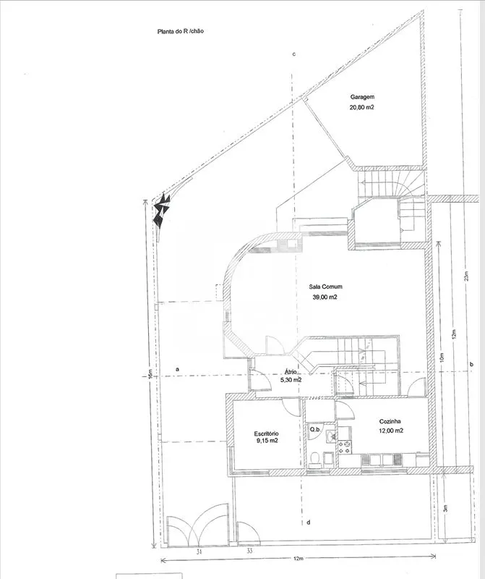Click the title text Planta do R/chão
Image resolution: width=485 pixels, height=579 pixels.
point(181,31)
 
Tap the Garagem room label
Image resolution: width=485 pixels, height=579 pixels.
point(362,97)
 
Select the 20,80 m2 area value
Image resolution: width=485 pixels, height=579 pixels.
point(362,108)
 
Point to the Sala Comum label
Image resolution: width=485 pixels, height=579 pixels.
point(325,287)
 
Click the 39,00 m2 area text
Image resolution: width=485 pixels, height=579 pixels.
point(325,297)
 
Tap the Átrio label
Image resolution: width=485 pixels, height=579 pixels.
point(291,372)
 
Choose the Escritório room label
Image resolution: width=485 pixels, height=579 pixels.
point(266,434)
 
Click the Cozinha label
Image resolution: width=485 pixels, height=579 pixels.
point(390,421)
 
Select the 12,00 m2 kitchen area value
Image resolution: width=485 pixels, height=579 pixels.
point(390,431)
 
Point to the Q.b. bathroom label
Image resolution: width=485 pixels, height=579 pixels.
point(315,429)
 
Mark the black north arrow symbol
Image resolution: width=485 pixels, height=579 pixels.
point(161,211)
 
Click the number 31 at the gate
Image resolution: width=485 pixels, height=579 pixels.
point(199,551)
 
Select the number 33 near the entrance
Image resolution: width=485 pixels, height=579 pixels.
point(249,551)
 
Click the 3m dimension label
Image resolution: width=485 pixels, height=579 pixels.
point(445,509)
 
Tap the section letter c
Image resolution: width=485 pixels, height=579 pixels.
point(294,54)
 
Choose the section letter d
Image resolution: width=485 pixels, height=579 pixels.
point(309,522)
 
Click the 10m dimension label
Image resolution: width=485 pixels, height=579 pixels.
point(442,358)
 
